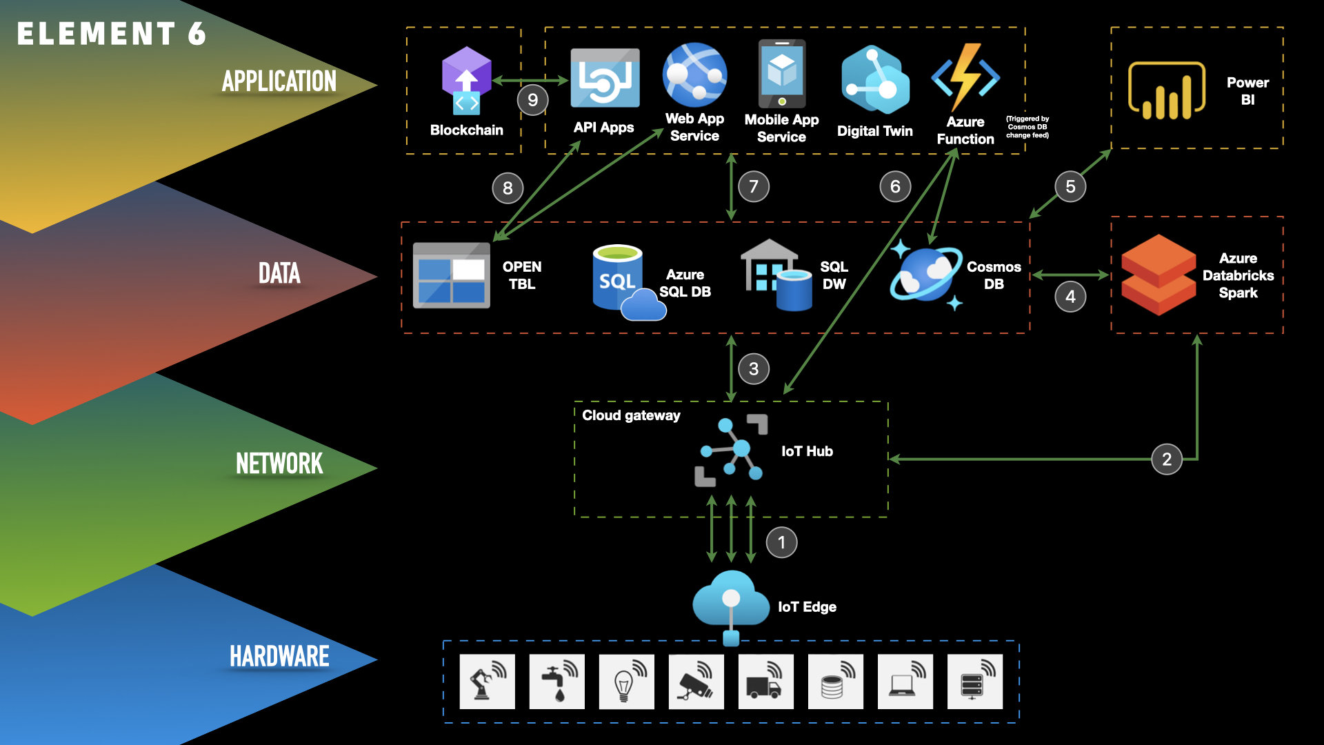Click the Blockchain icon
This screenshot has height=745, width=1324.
point(466,80)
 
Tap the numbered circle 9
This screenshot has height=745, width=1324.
point(532,100)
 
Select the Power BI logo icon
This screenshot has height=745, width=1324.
point(1166,90)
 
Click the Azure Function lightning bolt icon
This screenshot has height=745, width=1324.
point(965,77)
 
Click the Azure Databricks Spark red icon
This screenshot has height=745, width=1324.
point(1158,275)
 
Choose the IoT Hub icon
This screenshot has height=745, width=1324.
point(731,451)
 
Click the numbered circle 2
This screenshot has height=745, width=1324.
point(1167,459)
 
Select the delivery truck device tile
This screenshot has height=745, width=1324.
point(765,682)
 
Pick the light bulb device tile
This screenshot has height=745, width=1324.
point(626,682)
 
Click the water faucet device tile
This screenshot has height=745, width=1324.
point(556,682)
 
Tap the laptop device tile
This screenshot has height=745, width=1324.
point(905,682)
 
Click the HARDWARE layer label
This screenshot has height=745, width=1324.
point(279,656)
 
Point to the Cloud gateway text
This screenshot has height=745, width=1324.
point(631,415)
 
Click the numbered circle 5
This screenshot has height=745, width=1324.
point(1070,186)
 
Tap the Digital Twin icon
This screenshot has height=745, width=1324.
point(874,79)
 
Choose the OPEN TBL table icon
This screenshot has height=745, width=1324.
point(451,275)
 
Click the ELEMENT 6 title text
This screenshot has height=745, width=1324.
point(111,34)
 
